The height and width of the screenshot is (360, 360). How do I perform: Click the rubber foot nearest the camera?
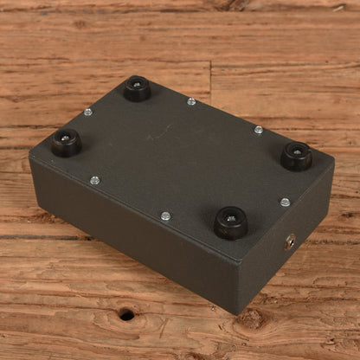pyautogui.click(x=230, y=222)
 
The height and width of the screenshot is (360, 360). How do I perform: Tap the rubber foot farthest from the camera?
pyautogui.click(x=137, y=88)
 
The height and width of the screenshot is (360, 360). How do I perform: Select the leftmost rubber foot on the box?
pyautogui.click(x=66, y=143)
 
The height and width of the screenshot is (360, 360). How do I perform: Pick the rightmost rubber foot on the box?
pyautogui.click(x=297, y=156)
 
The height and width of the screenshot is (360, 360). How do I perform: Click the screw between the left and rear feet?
pyautogui.click(x=87, y=112)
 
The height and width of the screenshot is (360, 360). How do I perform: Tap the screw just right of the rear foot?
pyautogui.click(x=191, y=101)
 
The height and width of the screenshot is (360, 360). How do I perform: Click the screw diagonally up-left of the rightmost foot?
pyautogui.click(x=258, y=130)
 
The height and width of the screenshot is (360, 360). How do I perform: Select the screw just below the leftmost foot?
pyautogui.click(x=94, y=180)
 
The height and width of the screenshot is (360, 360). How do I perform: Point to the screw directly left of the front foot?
pyautogui.click(x=165, y=215)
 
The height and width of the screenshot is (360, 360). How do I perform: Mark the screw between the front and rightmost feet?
pyautogui.click(x=285, y=202)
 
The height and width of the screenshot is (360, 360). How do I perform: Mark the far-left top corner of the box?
pyautogui.click(x=29, y=156)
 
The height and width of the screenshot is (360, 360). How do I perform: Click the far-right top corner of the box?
pyautogui.click(x=333, y=161)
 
